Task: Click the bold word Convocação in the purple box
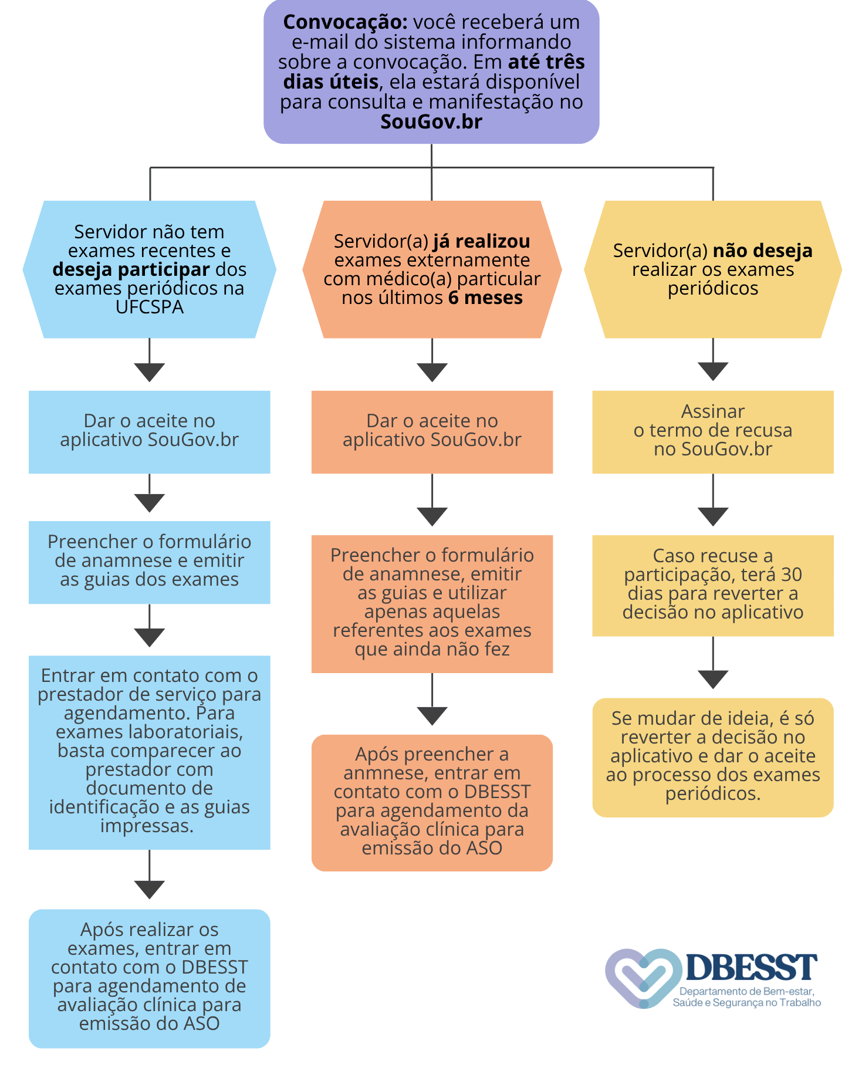345,22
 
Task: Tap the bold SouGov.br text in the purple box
431,121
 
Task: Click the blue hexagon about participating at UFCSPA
150,269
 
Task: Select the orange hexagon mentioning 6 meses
432,269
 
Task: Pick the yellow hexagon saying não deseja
713,269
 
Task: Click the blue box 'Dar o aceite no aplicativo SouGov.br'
150,432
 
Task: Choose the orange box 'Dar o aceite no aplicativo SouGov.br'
432,432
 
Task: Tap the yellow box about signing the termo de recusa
713,432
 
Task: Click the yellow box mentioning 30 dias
713,586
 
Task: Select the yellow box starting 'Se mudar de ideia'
713,758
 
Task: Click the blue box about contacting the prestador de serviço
150,752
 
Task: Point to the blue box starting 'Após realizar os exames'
150,978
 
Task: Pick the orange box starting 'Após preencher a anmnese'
432,803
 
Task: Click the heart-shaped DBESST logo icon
643,978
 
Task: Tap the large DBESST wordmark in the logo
751,967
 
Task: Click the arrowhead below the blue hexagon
150,371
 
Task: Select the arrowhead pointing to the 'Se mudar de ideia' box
713,679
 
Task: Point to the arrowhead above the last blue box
150,889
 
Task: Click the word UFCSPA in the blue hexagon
150,307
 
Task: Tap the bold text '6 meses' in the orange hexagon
485,298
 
